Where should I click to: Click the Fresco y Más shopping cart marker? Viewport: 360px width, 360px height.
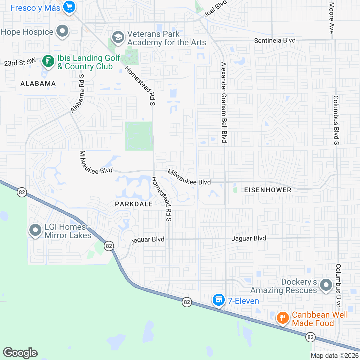click(69, 7)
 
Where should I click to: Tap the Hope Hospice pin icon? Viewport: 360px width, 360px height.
click(62, 31)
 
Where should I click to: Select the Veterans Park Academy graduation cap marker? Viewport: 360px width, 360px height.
click(118, 37)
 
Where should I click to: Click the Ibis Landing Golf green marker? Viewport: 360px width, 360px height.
click(48, 61)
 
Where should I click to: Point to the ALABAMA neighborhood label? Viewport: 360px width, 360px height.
click(38, 83)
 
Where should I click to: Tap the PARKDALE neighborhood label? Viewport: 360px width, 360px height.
click(134, 204)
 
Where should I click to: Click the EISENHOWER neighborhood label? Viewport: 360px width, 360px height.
click(268, 190)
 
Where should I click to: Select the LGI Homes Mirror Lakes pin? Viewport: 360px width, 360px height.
click(35, 230)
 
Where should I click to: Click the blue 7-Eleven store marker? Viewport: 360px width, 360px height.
click(218, 300)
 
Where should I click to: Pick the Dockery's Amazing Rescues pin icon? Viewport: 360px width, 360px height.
click(326, 285)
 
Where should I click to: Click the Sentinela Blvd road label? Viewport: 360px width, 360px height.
click(274, 40)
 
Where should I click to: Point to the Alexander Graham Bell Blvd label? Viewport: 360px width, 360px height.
click(224, 102)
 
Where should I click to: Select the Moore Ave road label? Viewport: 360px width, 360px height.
click(331, 18)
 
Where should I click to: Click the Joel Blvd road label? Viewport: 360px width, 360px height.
click(215, 9)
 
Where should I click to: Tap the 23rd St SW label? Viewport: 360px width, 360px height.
click(20, 62)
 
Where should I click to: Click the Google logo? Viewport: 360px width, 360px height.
click(20, 353)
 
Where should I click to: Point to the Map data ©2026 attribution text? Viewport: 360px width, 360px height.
click(334, 356)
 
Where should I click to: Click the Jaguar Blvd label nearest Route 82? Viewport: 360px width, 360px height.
click(148, 239)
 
